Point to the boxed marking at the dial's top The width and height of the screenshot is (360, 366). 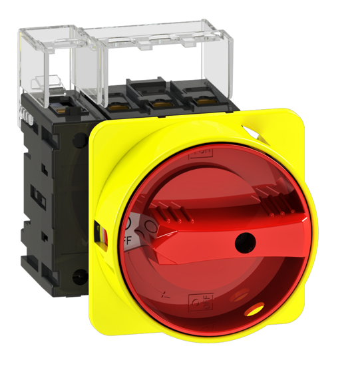[x=199, y=154]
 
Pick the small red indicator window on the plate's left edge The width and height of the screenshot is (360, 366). [x=100, y=234]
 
